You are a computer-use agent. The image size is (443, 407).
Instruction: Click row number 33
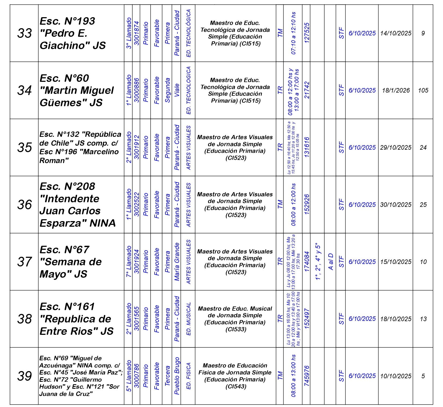tap(24, 33)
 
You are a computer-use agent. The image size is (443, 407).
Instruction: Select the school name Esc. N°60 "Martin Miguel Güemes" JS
tap(77, 90)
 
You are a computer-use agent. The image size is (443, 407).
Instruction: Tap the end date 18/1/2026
tap(396, 90)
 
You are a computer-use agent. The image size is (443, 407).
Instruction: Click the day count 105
tap(423, 90)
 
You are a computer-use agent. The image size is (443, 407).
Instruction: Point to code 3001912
tap(136, 148)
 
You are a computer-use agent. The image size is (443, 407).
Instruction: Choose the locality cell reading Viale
tap(177, 90)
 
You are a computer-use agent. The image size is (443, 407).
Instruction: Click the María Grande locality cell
tap(177, 262)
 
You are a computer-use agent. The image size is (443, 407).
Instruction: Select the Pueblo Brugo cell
tap(177, 376)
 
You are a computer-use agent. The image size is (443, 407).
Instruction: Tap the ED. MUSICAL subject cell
tap(188, 319)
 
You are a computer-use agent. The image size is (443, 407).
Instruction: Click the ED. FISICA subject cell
tap(188, 376)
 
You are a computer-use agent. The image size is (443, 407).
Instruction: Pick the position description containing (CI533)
tap(235, 319)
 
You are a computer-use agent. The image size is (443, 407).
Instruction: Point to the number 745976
tap(307, 376)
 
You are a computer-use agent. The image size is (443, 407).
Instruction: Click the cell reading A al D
tap(331, 262)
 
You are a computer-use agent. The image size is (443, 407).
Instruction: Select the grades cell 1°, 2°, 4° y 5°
tap(318, 262)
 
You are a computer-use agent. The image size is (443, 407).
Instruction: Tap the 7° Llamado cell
tap(129, 262)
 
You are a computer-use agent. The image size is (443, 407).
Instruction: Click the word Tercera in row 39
tap(167, 376)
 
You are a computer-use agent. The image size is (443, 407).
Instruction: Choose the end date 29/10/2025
tap(396, 148)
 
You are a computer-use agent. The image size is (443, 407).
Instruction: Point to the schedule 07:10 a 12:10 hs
tap(293, 33)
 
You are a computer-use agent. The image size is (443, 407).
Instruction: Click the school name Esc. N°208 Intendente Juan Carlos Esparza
tap(78, 205)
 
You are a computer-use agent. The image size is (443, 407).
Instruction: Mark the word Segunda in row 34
tap(167, 90)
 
